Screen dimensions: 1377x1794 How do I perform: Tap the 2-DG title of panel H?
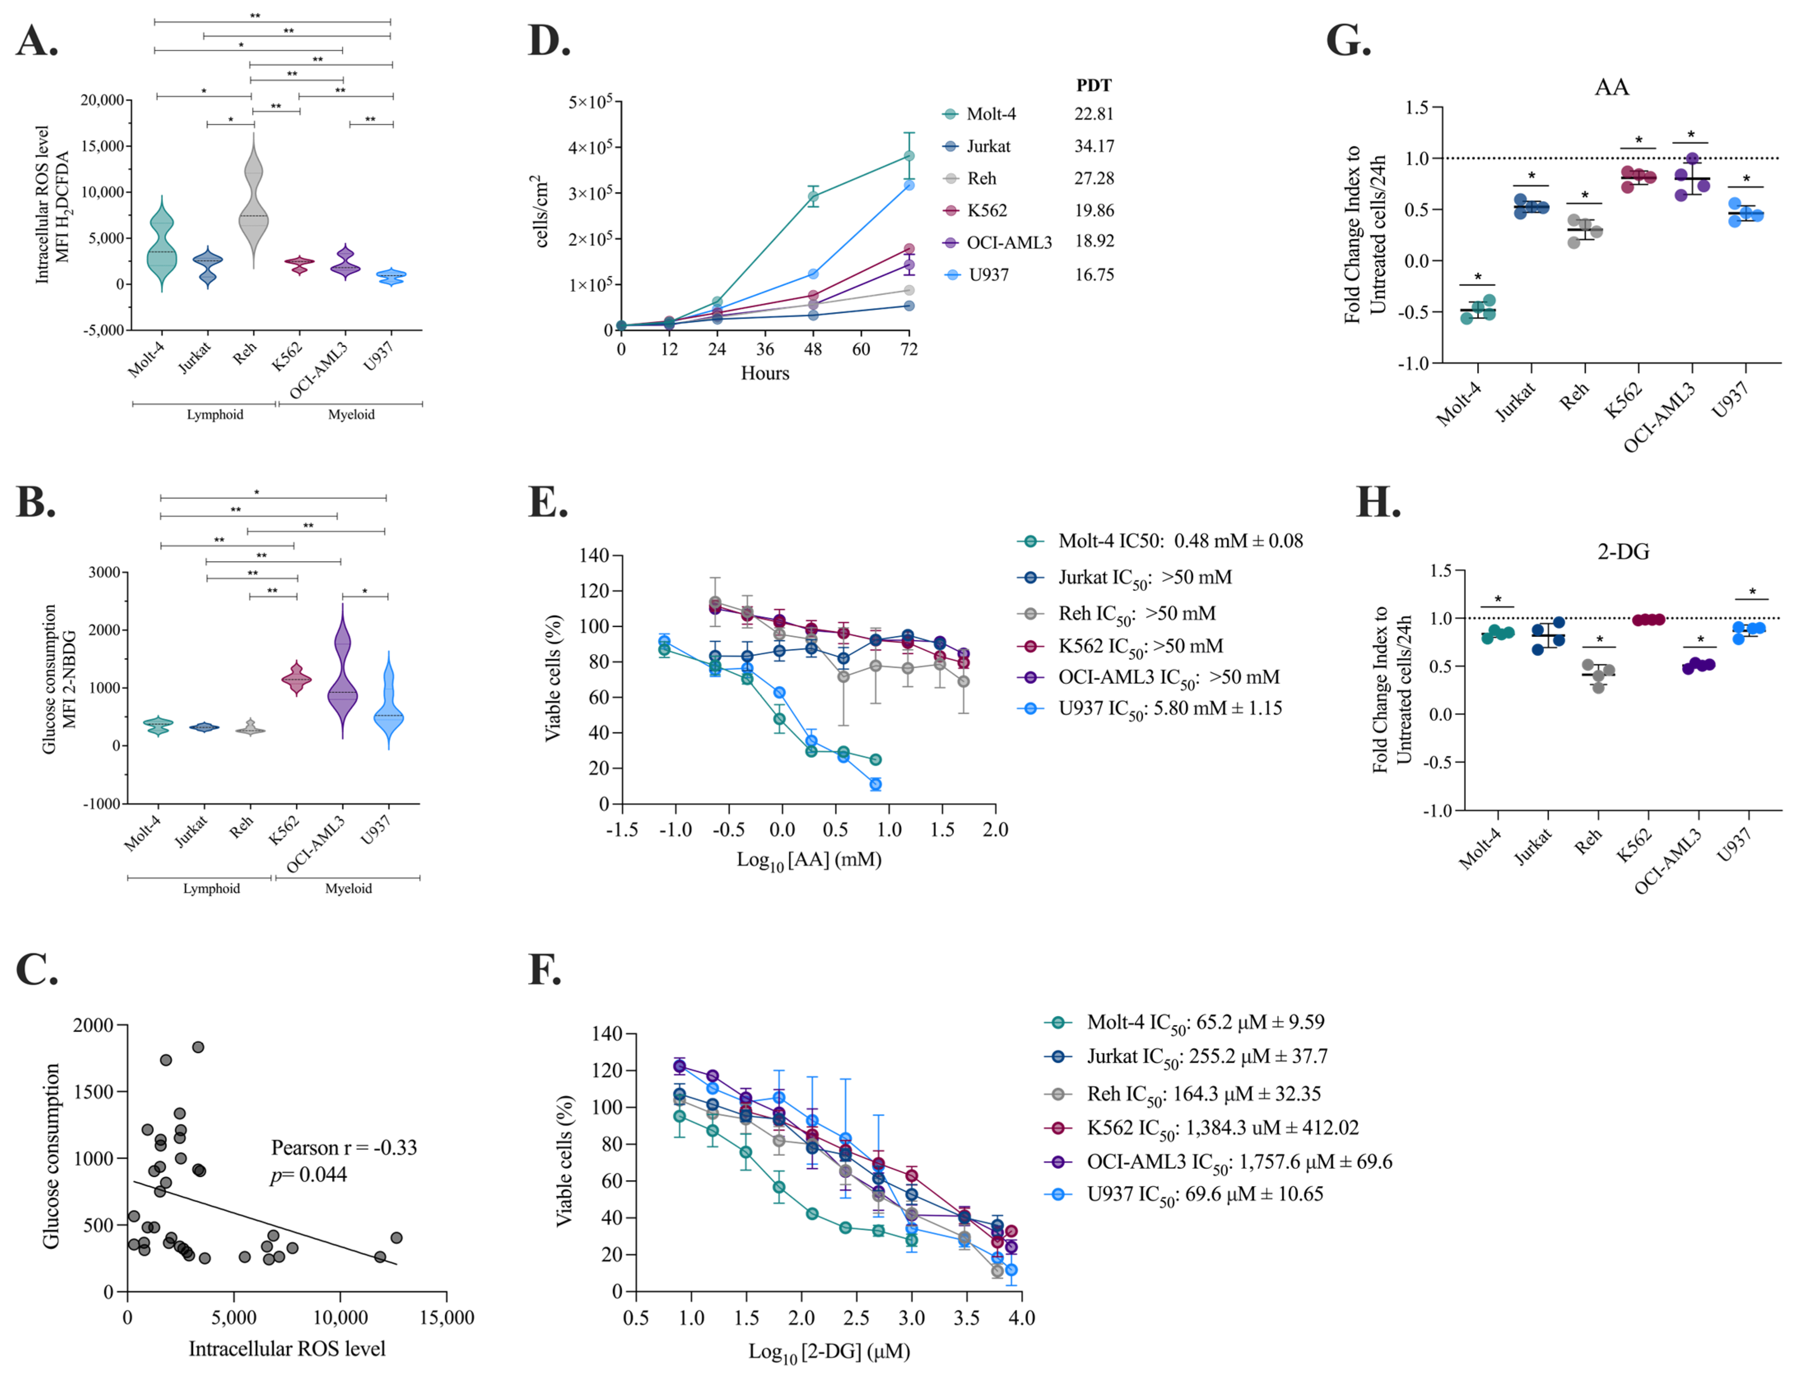pos(1623,552)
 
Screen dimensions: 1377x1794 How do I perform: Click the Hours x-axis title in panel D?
pos(765,374)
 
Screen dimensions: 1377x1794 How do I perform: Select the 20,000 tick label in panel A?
pos(102,100)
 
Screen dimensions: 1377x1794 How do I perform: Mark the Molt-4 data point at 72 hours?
pos(908,156)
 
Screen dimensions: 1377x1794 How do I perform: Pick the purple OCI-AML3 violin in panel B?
pos(343,680)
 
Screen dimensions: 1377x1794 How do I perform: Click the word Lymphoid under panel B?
pos(211,889)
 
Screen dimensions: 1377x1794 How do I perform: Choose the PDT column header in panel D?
pos(1093,85)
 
